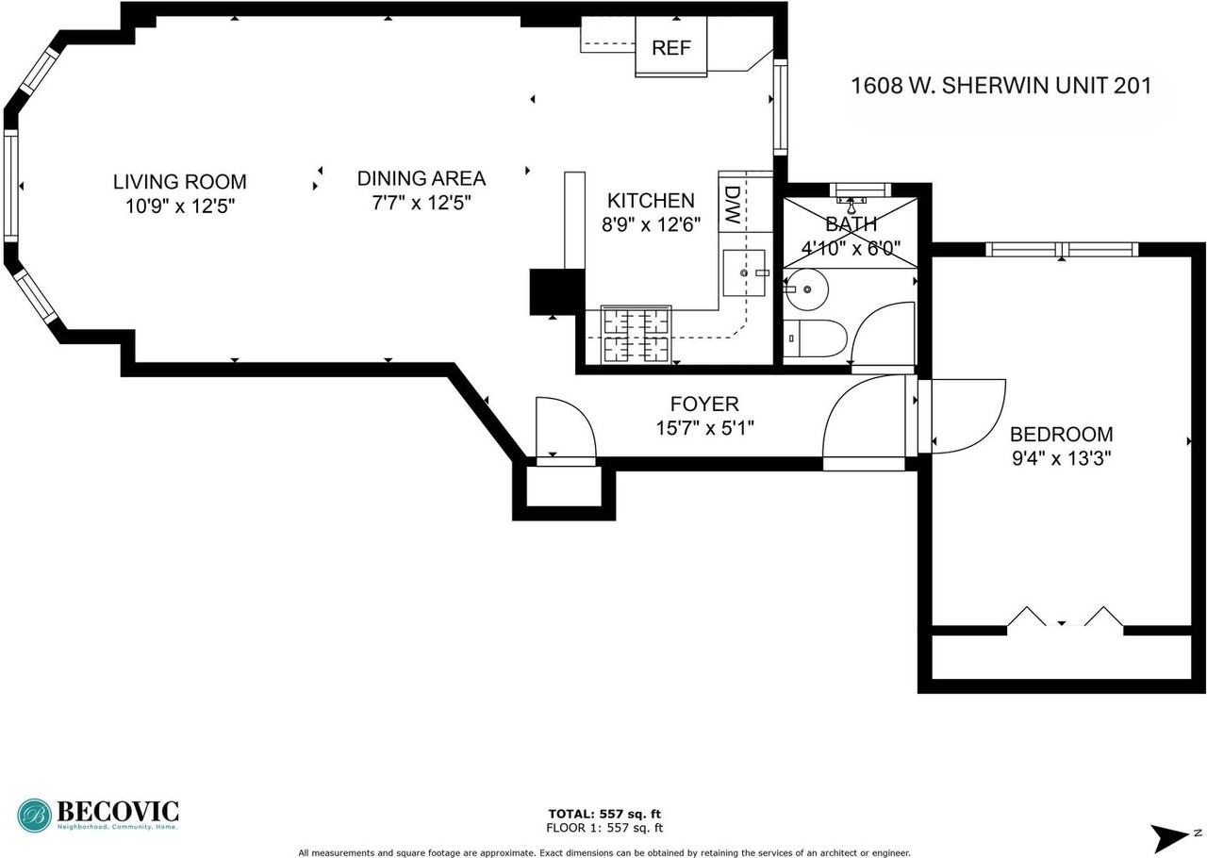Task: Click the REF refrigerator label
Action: click(x=670, y=48)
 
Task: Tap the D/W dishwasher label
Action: click(x=732, y=206)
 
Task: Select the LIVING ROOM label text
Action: click(x=180, y=182)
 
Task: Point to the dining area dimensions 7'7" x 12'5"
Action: click(x=422, y=203)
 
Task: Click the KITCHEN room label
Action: click(x=651, y=201)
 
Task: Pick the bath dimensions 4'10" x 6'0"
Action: click(x=851, y=249)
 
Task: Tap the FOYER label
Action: click(x=704, y=404)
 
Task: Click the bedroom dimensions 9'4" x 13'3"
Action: click(x=1062, y=458)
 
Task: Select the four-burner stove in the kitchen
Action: click(x=637, y=334)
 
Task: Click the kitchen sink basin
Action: click(x=744, y=273)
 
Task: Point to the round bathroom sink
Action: click(x=805, y=289)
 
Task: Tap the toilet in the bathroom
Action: click(x=815, y=338)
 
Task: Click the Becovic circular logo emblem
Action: click(x=35, y=816)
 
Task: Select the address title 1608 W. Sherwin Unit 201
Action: click(x=1001, y=86)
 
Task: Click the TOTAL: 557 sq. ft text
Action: click(x=604, y=814)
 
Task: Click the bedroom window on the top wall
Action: click(x=1062, y=250)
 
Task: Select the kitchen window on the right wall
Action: click(x=780, y=107)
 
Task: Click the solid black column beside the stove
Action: click(x=557, y=291)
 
